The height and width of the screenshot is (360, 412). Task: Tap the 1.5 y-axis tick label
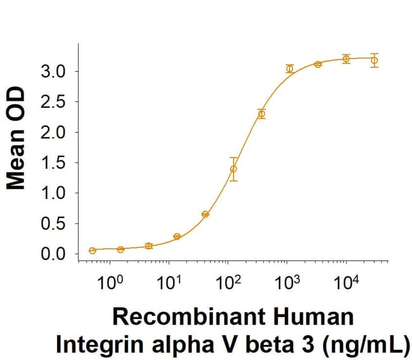coord(53,163)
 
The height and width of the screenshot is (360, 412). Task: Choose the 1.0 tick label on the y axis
coord(53,193)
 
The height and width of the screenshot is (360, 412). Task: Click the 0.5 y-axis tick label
coord(53,224)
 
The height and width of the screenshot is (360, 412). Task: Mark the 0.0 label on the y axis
coord(53,254)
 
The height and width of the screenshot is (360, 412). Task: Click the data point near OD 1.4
coord(234,169)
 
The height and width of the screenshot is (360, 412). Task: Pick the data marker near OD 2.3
coord(261,114)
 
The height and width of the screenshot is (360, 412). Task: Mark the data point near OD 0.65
coord(205,214)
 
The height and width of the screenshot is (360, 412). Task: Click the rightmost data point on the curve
coord(374,60)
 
